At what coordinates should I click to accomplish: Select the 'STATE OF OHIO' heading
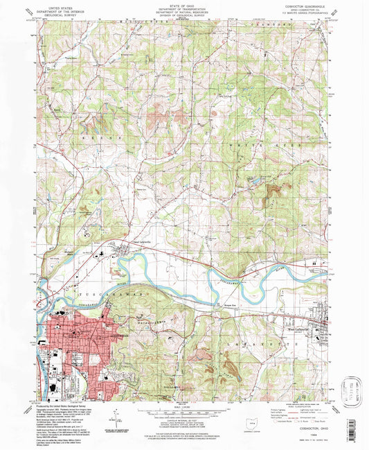[x=183, y=5]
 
